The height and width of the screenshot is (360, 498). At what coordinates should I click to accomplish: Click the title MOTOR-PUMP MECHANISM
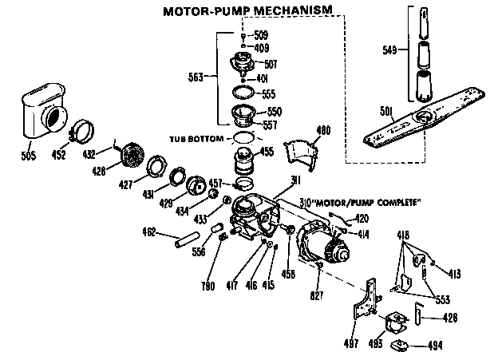tap(247, 11)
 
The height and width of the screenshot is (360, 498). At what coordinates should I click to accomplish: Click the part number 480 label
tap(322, 130)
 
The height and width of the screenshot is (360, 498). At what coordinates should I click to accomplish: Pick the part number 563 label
tap(196, 77)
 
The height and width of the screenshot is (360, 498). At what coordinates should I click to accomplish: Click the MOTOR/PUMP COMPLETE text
tap(363, 204)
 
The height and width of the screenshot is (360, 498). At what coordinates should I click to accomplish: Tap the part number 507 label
tap(271, 63)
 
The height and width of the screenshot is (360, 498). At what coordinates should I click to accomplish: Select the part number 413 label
tap(453, 274)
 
